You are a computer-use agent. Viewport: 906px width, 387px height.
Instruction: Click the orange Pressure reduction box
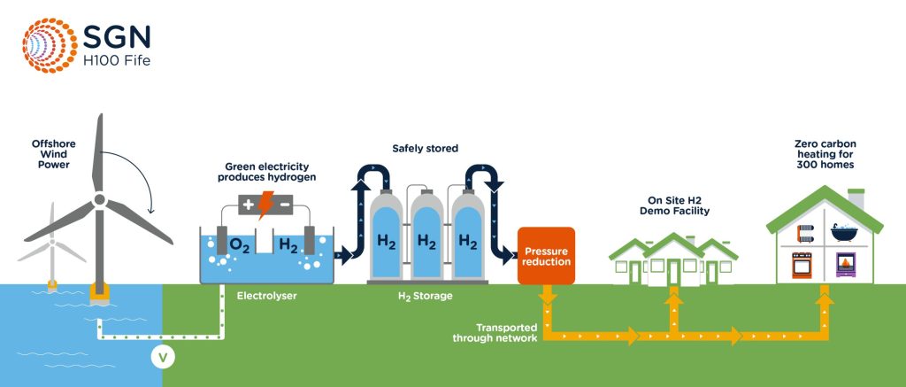(x=546, y=256)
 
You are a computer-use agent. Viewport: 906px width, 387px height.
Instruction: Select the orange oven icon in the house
(x=804, y=265)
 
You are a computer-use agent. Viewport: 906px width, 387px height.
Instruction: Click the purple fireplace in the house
(x=842, y=265)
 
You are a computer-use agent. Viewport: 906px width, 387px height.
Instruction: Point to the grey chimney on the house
(x=855, y=199)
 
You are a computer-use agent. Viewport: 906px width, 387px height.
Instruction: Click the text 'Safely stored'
(x=425, y=149)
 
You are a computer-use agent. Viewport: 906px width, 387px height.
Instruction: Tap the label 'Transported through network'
(x=494, y=332)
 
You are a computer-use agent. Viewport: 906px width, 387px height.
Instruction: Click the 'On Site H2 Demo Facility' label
(x=674, y=205)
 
